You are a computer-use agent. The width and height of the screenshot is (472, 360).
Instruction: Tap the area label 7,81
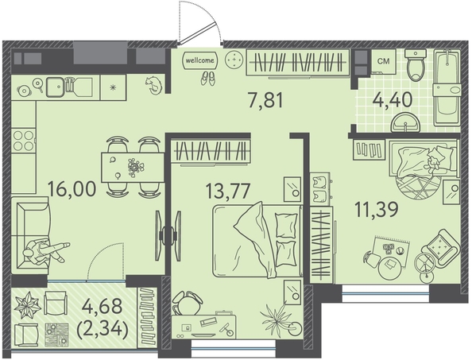[x=266, y=100]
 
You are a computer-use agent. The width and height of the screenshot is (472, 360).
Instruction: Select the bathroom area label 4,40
[x=393, y=99]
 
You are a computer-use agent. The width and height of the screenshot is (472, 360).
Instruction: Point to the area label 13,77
[x=227, y=191]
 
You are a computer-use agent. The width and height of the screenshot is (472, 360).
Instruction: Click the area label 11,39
[x=377, y=210]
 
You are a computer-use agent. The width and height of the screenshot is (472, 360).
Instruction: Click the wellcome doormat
[x=200, y=60]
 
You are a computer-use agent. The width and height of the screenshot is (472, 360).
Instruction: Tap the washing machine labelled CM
[x=384, y=62]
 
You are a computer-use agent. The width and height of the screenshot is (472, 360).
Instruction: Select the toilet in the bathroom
[x=416, y=65]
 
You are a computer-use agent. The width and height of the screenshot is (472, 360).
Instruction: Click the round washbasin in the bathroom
[x=405, y=122]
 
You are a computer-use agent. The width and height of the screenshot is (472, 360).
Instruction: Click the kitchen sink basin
[x=55, y=87]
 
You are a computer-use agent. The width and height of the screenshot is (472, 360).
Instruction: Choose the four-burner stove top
[x=24, y=141]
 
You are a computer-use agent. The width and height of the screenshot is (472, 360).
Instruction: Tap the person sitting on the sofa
[x=45, y=252]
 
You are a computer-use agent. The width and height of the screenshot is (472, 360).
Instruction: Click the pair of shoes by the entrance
[x=207, y=79]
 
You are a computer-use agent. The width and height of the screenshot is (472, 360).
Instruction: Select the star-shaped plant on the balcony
[x=28, y=305]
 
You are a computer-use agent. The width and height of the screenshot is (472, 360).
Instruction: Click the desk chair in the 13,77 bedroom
[x=188, y=303]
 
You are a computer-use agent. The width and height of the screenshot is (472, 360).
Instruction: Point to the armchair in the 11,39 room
[x=441, y=248]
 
